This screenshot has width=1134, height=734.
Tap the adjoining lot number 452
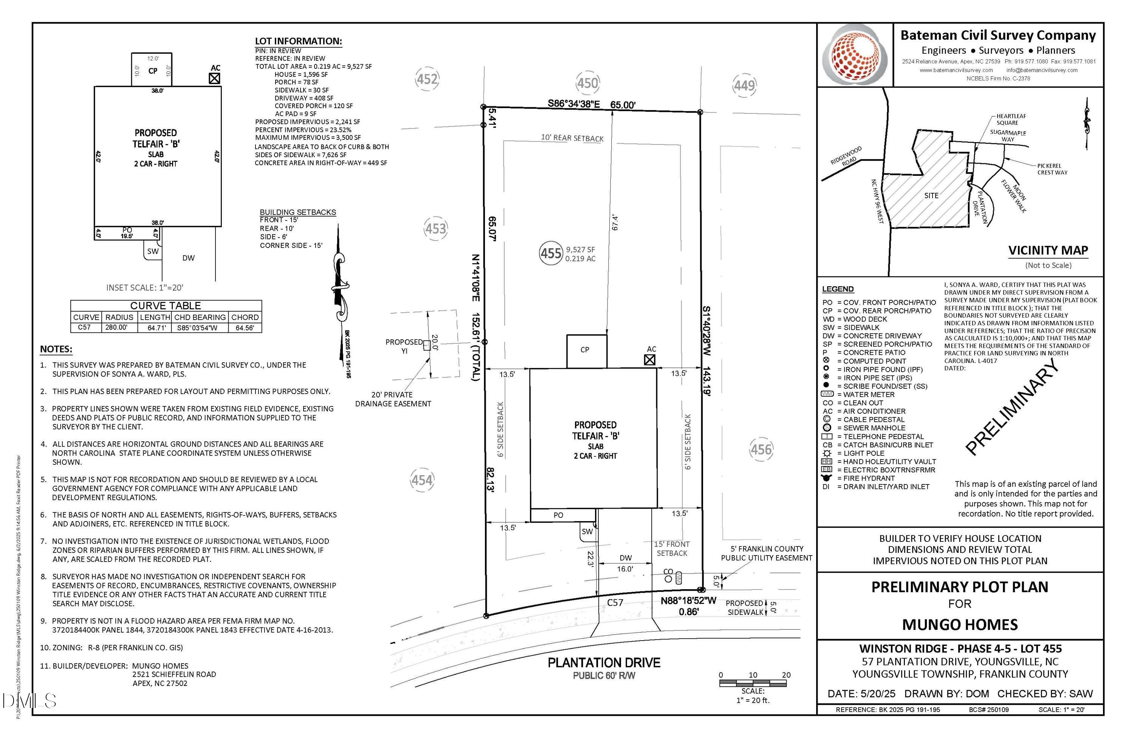pos(427,79)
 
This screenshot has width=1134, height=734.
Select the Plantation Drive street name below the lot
pos(604,663)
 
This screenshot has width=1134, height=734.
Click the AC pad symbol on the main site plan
pos(649,360)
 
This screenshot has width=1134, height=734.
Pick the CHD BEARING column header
pos(200,317)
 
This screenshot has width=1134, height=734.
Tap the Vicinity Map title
pos(1048,250)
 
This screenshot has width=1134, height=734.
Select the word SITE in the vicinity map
pos(931,196)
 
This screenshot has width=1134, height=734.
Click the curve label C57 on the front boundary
pos(615,602)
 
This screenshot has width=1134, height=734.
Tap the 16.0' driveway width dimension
pos(625,569)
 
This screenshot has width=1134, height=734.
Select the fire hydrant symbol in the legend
pos(827,478)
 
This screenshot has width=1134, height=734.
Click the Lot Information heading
pos(298,41)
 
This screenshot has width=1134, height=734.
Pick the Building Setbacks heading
pos(298,212)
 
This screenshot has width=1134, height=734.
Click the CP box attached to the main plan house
pos(587,351)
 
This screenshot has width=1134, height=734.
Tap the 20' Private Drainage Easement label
pos(393,399)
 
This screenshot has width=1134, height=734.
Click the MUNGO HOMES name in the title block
pos(960,624)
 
